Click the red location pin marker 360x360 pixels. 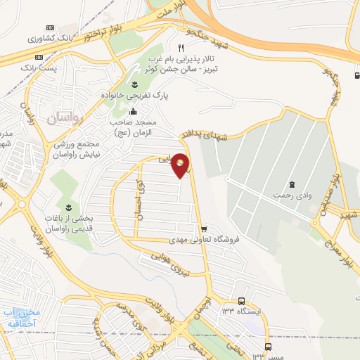point(181,165)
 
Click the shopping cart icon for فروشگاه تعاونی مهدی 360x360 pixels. point(204,229)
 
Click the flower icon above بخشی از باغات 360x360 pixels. point(68,207)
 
